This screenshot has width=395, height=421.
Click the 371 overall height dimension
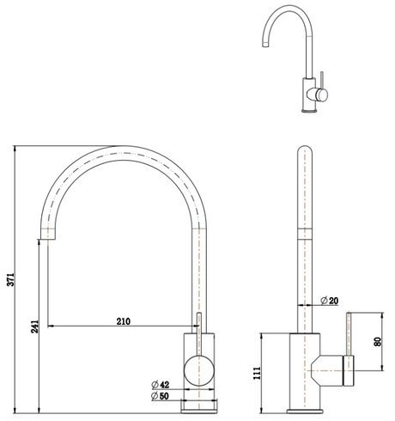11,279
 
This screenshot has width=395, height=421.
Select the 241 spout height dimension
34,326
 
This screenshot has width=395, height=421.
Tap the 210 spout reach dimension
124,321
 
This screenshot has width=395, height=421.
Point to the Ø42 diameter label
161,385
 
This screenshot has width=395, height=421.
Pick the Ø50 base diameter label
160,396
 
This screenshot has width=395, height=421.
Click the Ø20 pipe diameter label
330,301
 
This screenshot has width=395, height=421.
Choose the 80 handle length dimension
378,342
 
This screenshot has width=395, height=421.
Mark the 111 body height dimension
257,373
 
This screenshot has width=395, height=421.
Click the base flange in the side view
305,411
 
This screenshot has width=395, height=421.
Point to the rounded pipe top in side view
305,150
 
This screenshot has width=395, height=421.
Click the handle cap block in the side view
349,370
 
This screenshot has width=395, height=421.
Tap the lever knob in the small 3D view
322,95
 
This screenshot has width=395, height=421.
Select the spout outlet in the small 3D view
265,45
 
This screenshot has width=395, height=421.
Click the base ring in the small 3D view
309,110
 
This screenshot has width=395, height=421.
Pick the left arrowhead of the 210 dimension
51,326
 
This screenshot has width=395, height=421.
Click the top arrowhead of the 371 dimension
15,149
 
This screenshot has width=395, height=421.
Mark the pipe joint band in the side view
305,234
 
